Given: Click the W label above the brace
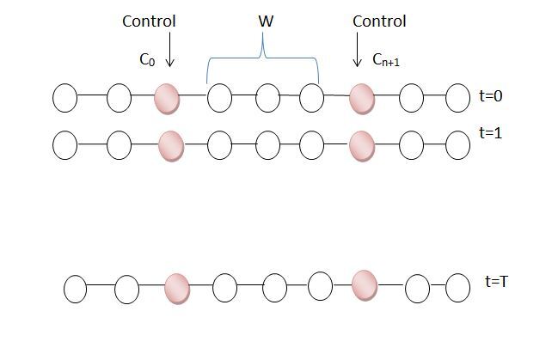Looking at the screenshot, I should [x=265, y=21].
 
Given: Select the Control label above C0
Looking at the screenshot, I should [x=149, y=21].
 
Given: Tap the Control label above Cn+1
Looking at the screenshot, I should [x=379, y=21].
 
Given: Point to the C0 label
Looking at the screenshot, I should [x=148, y=60].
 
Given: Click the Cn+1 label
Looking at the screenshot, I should [x=386, y=60].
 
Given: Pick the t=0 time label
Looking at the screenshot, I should [x=491, y=96].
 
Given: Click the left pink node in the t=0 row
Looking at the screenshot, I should [x=167, y=99].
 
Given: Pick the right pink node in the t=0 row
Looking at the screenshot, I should [x=362, y=99].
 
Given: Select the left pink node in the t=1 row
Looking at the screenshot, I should [x=171, y=144].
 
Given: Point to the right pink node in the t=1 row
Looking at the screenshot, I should [x=362, y=144].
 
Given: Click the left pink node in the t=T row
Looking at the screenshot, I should [x=177, y=288].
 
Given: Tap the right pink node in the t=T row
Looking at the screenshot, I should [x=365, y=284].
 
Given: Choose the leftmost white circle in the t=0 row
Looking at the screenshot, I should [x=64, y=99].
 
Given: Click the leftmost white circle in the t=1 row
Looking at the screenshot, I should [x=64, y=144].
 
